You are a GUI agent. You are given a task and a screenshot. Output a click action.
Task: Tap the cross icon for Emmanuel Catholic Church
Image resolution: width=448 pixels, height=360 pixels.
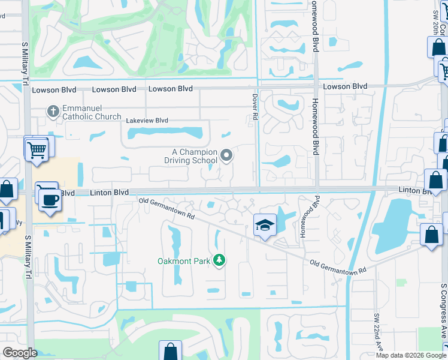click(53, 111)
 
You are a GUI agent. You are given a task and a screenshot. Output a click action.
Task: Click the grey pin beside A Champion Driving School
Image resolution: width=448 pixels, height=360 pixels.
click(226, 156)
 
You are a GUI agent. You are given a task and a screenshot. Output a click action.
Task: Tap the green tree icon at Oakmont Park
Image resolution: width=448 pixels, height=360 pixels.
click(220, 260)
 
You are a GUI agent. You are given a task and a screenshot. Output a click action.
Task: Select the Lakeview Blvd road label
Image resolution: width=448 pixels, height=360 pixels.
click(147, 120)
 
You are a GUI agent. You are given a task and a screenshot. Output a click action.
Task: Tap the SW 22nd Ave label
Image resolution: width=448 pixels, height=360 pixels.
click(379, 333)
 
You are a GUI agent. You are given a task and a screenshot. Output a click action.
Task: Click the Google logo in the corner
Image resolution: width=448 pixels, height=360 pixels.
click(20, 353)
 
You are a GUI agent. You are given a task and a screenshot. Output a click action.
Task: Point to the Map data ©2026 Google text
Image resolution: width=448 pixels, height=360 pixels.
click(411, 355)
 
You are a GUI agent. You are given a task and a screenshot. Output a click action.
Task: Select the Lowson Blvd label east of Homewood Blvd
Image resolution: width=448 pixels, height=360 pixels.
click(345, 86)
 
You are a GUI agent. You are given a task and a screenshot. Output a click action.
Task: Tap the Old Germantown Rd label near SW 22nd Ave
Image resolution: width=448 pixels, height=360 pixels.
click(338, 268)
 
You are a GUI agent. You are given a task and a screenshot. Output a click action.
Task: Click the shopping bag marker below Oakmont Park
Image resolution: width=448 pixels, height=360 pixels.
click(170, 351)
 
